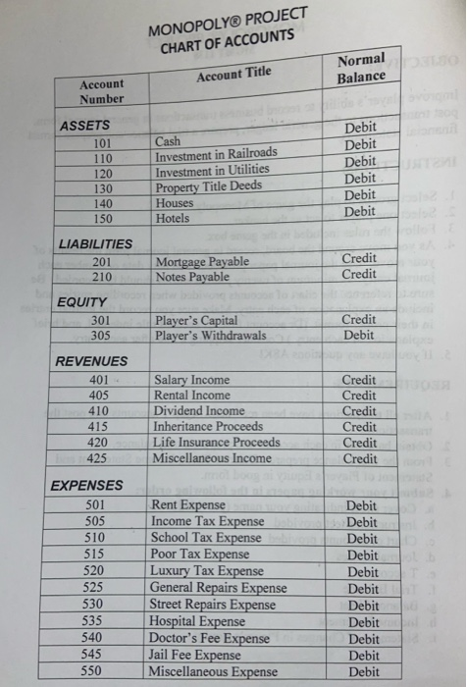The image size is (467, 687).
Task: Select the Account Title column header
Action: (x=233, y=72)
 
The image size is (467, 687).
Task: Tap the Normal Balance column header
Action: (x=361, y=69)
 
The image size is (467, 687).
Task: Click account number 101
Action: (x=101, y=142)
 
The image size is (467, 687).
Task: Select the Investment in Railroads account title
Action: (x=217, y=155)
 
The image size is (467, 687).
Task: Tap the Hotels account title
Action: (x=173, y=218)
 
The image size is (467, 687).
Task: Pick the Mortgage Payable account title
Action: (x=202, y=262)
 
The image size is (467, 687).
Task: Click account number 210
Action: (x=101, y=277)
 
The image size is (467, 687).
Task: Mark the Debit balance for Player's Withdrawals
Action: (x=359, y=335)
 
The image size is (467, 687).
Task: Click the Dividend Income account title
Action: (x=199, y=411)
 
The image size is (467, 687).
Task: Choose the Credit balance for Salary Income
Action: (x=359, y=380)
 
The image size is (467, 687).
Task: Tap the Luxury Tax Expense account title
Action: (x=207, y=571)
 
